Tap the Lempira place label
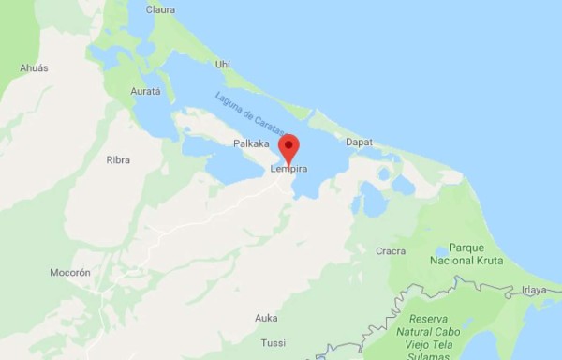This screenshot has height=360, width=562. (289, 169)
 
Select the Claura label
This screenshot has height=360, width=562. (160, 9)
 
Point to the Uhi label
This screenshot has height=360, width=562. (222, 64)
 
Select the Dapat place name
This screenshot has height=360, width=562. (359, 142)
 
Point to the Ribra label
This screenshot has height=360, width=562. (118, 160)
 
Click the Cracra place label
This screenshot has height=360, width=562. (391, 251)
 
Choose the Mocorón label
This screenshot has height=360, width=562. (70, 273)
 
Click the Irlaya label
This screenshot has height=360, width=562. (535, 291)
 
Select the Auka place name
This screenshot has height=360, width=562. (266, 318)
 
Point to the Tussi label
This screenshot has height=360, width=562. (274, 342)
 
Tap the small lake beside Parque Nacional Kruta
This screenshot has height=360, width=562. (440, 251)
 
